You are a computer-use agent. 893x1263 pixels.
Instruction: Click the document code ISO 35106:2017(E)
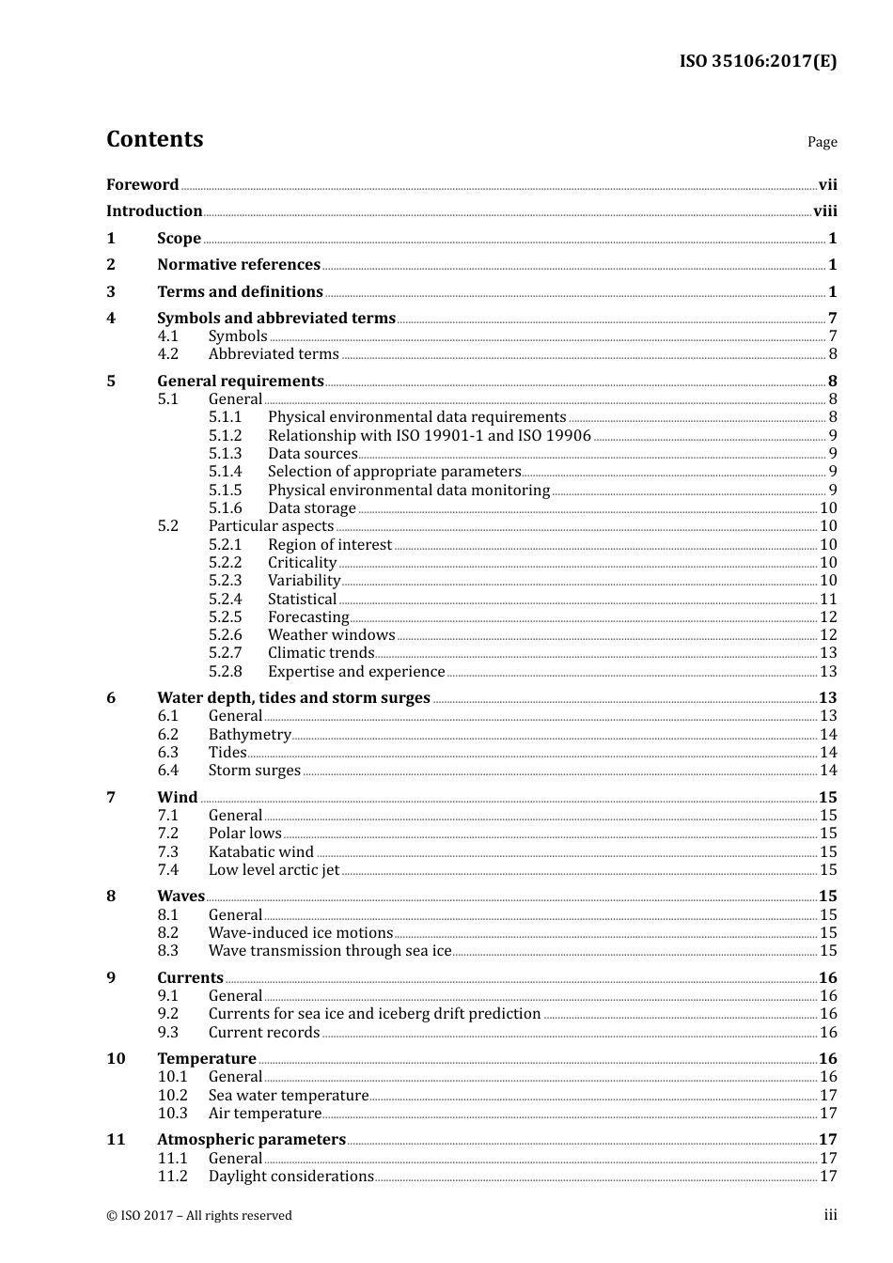[758, 62]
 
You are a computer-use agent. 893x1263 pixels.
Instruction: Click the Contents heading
[154, 139]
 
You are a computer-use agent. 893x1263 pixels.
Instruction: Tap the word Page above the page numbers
[822, 142]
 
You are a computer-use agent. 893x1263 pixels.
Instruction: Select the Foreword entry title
[142, 185]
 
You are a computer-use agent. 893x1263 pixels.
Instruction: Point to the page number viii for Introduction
[824, 211]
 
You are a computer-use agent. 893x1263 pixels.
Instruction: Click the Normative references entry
[239, 265]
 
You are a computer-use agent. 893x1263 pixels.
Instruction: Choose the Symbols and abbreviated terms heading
[275, 319]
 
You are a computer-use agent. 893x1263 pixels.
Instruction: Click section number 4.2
[167, 354]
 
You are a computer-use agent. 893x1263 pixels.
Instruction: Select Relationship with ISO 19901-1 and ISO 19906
[429, 436]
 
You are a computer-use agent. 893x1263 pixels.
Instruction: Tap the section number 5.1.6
[225, 508]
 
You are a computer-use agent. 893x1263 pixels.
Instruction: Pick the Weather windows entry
[331, 635]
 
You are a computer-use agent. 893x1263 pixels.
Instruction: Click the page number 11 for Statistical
[827, 600]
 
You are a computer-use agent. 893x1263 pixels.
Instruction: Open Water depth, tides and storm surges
[293, 698]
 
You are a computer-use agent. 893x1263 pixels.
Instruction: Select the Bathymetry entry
[249, 735]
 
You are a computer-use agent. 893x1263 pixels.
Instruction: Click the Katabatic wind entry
[260, 852]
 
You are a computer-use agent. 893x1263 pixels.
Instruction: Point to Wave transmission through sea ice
[330, 951]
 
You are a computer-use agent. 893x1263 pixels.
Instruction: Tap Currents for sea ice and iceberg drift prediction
[374, 1014]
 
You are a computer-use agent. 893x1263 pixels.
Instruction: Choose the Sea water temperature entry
[288, 1096]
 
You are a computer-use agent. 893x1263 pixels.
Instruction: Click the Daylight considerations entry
[290, 1177]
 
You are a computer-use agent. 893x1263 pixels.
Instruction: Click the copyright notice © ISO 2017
[198, 1216]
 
